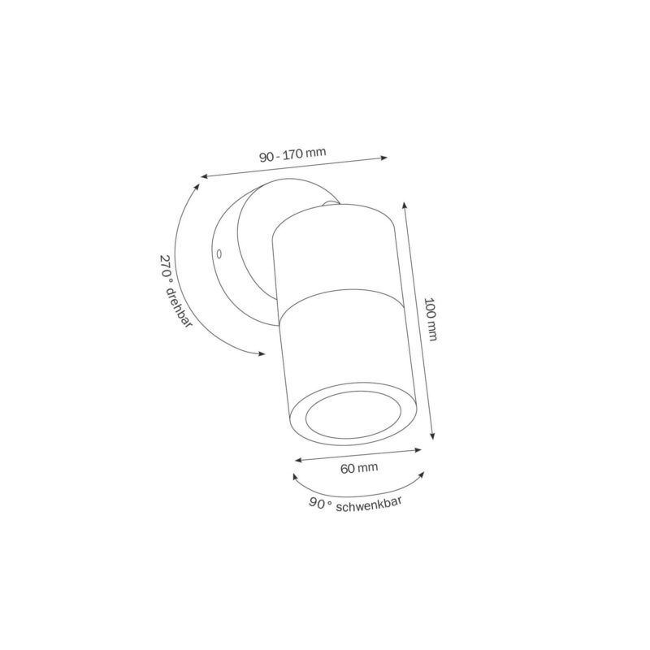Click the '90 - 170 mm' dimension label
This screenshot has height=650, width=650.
pos(292,154)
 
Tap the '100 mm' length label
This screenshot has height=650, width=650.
pos(431,318)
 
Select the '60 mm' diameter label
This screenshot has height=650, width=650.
pos(359,468)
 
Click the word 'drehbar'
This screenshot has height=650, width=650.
pos(179,307)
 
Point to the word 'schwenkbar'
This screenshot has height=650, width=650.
pos(369,504)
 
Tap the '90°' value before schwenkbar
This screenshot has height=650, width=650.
pos(320,504)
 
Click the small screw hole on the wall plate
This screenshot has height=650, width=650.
pos(219,253)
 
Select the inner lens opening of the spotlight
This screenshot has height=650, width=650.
pos(353,414)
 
